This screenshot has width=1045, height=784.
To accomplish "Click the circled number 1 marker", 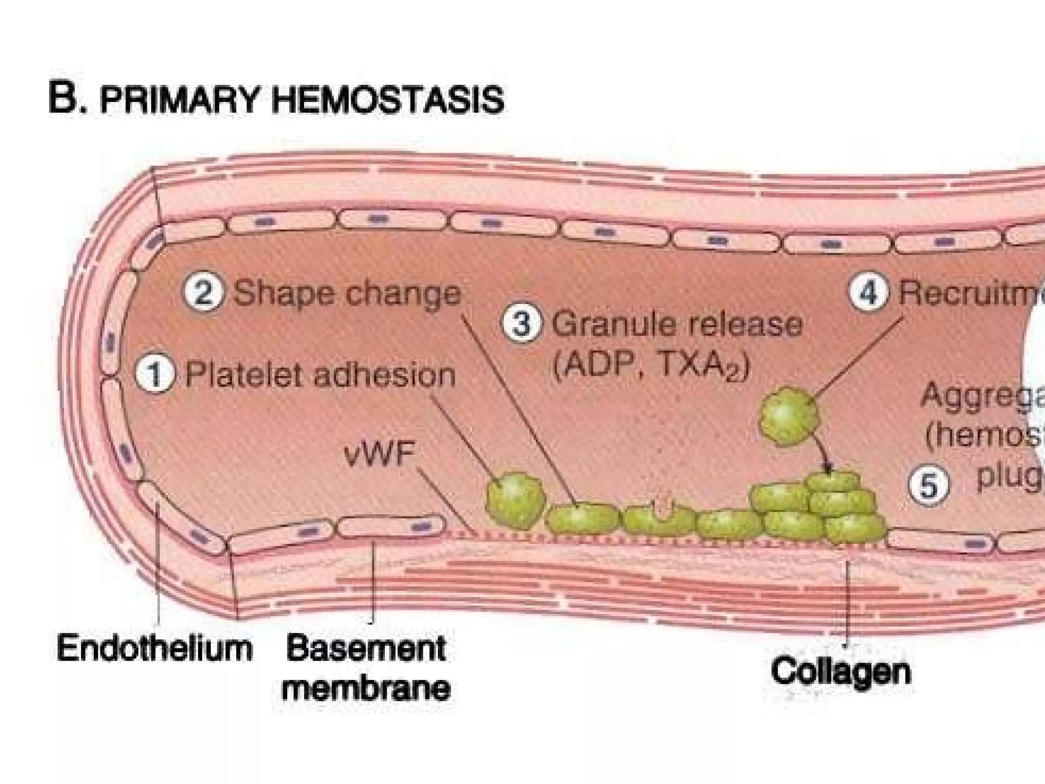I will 155,375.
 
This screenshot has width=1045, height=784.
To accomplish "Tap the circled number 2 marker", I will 203,295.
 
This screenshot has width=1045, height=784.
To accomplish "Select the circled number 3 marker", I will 520,324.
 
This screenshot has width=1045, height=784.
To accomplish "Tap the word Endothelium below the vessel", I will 155,649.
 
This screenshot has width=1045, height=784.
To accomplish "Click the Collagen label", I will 841,671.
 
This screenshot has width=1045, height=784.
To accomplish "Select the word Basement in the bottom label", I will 366,649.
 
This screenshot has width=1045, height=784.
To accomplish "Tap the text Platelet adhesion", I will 320,375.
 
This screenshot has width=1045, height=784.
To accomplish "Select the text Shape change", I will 346,295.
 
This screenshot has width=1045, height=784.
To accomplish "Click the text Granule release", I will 677,325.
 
